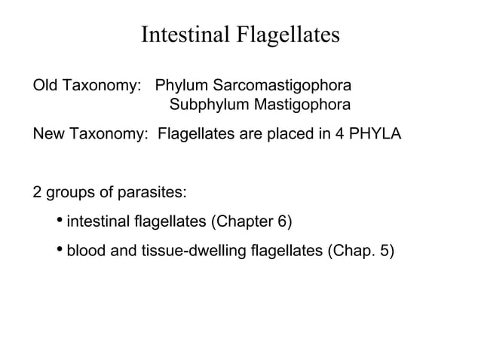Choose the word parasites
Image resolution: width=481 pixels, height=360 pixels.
coord(155,192)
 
